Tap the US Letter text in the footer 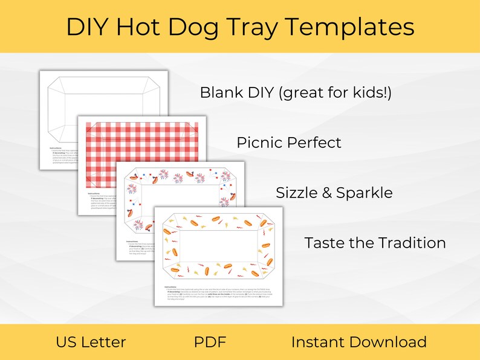click(x=91, y=342)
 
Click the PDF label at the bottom click(x=210, y=342)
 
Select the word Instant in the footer click(x=321, y=342)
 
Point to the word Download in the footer click(x=391, y=342)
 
